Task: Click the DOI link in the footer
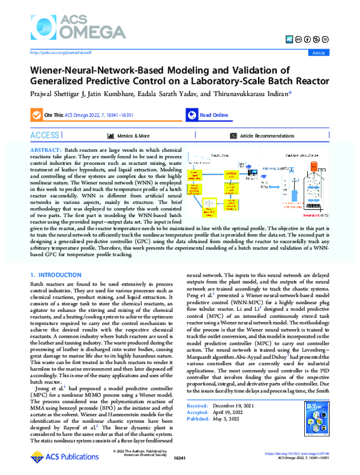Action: [x=302, y=461]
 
